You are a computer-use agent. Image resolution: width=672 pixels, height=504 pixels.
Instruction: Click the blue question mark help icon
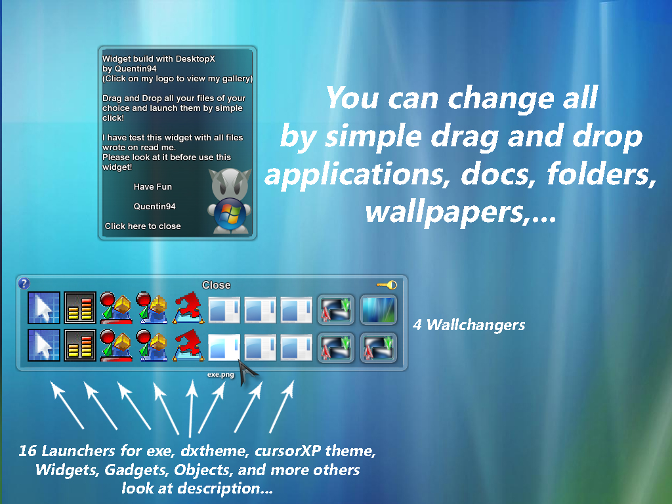(x=24, y=283)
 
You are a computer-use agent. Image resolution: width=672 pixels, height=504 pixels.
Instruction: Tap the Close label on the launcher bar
(x=217, y=285)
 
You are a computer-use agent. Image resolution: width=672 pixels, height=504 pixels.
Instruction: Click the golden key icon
(x=387, y=285)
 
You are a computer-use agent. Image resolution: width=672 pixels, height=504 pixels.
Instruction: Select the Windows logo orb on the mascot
(x=230, y=212)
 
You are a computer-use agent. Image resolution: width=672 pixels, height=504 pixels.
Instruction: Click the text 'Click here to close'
(x=142, y=226)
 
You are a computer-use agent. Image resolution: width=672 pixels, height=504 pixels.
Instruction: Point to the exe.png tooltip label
(x=220, y=375)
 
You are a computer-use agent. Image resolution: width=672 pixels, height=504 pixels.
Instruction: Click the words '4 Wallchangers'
(x=469, y=325)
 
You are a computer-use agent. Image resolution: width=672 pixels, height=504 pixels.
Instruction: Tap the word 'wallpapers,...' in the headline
(x=461, y=212)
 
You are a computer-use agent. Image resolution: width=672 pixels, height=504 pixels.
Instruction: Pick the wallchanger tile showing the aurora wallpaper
(x=379, y=310)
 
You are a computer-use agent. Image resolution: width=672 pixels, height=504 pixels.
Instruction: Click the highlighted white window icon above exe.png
(x=224, y=346)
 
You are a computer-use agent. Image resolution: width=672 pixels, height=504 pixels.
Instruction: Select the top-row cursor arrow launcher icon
(x=44, y=308)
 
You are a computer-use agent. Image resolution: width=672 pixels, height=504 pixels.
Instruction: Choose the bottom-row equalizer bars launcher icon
(x=80, y=345)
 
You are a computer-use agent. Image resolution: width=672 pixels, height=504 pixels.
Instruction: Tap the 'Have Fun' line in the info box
(x=152, y=187)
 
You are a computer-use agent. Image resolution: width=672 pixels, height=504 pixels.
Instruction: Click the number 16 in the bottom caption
(x=28, y=450)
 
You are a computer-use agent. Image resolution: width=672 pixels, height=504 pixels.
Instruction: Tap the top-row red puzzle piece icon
(x=188, y=307)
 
